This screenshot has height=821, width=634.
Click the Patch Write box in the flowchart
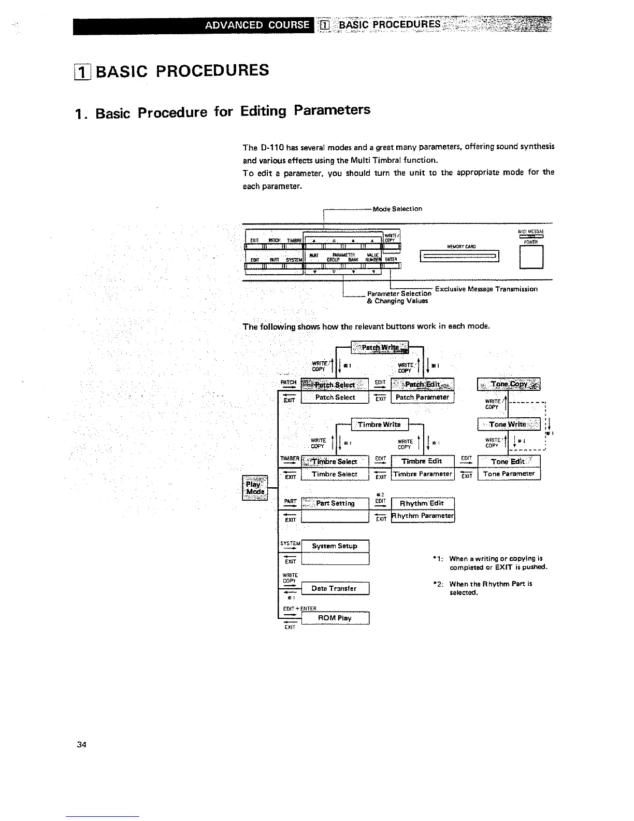[x=380, y=347]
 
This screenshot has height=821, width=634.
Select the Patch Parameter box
[x=422, y=398]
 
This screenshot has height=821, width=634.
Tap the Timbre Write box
[x=380, y=424]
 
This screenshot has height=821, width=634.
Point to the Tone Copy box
[x=509, y=385]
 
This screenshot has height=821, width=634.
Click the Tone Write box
[x=508, y=424]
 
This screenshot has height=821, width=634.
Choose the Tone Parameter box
[x=509, y=474]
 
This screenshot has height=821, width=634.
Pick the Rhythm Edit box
[x=422, y=503]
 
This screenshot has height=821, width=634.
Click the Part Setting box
[x=335, y=503]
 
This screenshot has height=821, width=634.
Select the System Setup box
[x=335, y=546]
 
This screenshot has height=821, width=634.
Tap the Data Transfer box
[x=335, y=589]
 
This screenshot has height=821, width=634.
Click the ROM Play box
[x=335, y=618]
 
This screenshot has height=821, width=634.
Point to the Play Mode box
[x=255, y=488]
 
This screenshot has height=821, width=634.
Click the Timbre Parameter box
[x=422, y=474]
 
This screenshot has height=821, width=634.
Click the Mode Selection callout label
[x=397, y=209]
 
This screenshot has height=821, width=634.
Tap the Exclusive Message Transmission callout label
[x=486, y=289]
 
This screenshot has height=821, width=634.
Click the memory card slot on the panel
[x=460, y=256]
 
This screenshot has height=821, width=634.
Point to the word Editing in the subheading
[x=264, y=111]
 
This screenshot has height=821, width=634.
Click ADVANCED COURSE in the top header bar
[x=257, y=25]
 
